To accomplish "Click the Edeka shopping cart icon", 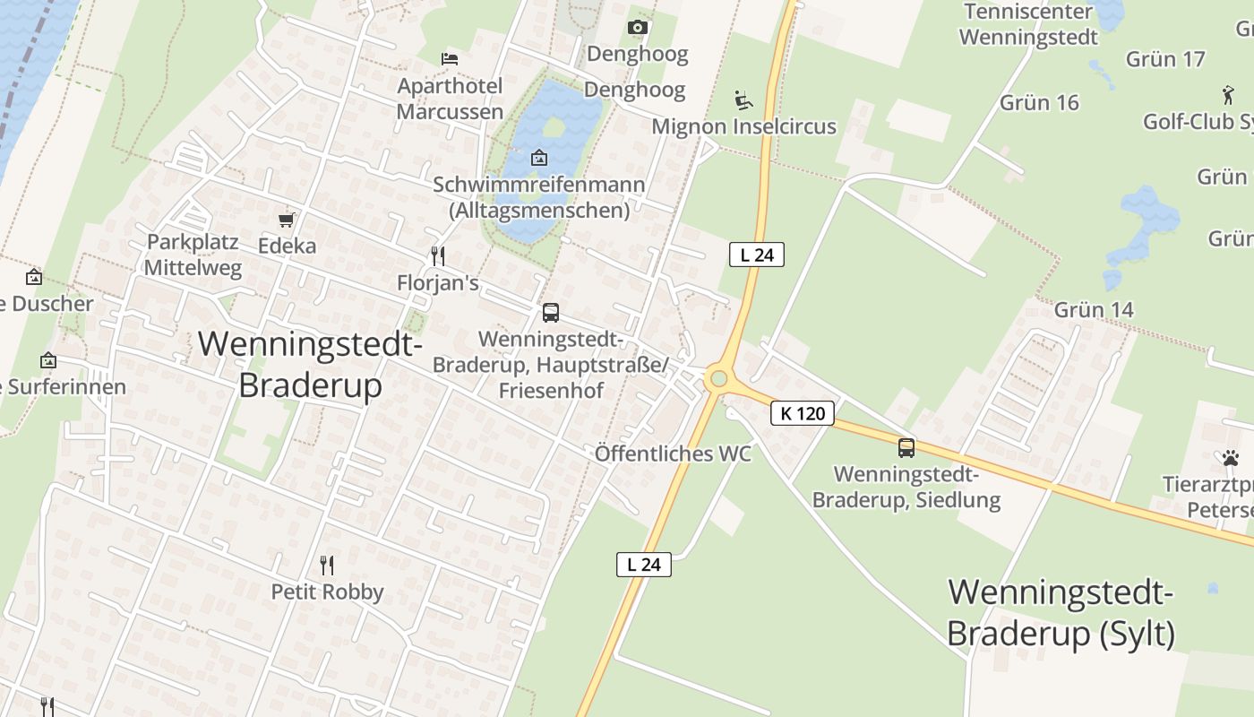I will (287, 220).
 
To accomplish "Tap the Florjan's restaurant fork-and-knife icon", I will (438, 256).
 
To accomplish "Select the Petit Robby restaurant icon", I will (327, 566).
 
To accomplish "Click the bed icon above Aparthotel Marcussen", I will (450, 59).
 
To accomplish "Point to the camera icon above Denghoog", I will (638, 28).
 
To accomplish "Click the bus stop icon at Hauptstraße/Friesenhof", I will (551, 313).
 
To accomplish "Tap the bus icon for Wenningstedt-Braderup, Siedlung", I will (906, 447).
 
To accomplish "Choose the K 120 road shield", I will (803, 413).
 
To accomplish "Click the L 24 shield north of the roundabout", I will (757, 255).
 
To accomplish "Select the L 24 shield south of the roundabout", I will (644, 565).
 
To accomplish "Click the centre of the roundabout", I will (717, 379).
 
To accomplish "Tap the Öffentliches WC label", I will (673, 454).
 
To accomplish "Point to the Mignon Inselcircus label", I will (743, 126).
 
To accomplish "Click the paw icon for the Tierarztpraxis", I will (1230, 458).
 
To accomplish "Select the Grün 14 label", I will (1094, 310).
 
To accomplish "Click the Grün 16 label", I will (1039, 102).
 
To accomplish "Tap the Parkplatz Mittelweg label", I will (193, 255).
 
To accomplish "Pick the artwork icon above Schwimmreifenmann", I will (539, 158).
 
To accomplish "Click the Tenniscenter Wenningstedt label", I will (1028, 25).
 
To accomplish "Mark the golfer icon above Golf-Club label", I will (1227, 94).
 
